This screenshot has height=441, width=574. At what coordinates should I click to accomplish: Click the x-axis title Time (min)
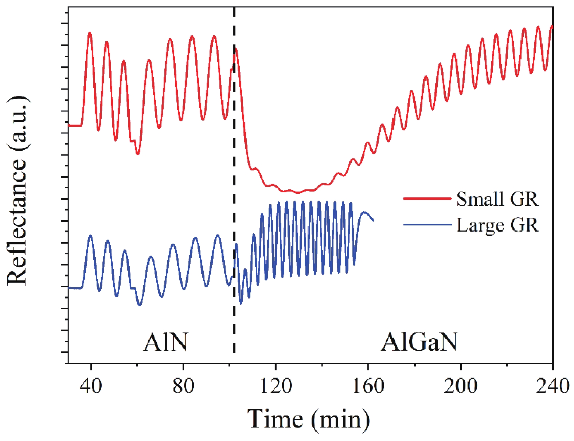click(x=308, y=419)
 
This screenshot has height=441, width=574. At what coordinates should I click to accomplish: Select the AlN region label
click(x=166, y=342)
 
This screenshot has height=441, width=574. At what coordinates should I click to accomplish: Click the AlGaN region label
click(x=419, y=342)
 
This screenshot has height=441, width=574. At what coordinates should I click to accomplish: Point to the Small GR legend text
click(x=497, y=199)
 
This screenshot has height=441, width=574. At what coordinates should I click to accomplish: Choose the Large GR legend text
click(x=497, y=225)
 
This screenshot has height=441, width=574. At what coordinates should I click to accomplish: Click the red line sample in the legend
click(x=427, y=198)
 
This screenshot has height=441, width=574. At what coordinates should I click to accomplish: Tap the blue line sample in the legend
click(x=427, y=225)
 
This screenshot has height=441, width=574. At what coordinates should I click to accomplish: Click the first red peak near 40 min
click(x=90, y=33)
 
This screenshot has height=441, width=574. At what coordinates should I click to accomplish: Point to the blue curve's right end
click(x=373, y=220)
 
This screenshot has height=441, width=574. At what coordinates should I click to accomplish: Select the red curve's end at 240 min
click(x=552, y=26)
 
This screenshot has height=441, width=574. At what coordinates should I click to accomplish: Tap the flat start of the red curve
click(x=75, y=126)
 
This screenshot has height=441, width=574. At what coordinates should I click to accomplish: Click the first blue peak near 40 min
click(x=90, y=236)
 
